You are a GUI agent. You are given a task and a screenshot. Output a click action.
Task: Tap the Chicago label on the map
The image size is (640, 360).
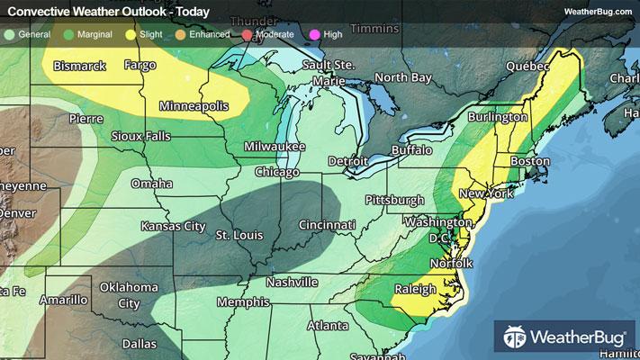coord(276,171)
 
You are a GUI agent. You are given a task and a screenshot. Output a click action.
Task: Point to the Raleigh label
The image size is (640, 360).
coord(413,289)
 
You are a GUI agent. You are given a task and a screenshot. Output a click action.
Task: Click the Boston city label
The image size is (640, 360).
coord(529,161)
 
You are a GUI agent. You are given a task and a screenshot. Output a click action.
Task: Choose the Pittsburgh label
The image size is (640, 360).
coord(393,199)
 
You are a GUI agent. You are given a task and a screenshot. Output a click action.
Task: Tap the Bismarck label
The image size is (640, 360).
coord(80,66)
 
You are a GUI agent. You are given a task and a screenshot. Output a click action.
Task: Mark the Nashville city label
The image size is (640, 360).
coord(292,282)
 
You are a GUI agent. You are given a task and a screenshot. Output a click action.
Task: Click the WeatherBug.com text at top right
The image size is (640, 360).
coord(597,11)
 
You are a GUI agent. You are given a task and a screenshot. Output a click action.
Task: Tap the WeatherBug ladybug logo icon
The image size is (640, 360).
coord(517,338)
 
